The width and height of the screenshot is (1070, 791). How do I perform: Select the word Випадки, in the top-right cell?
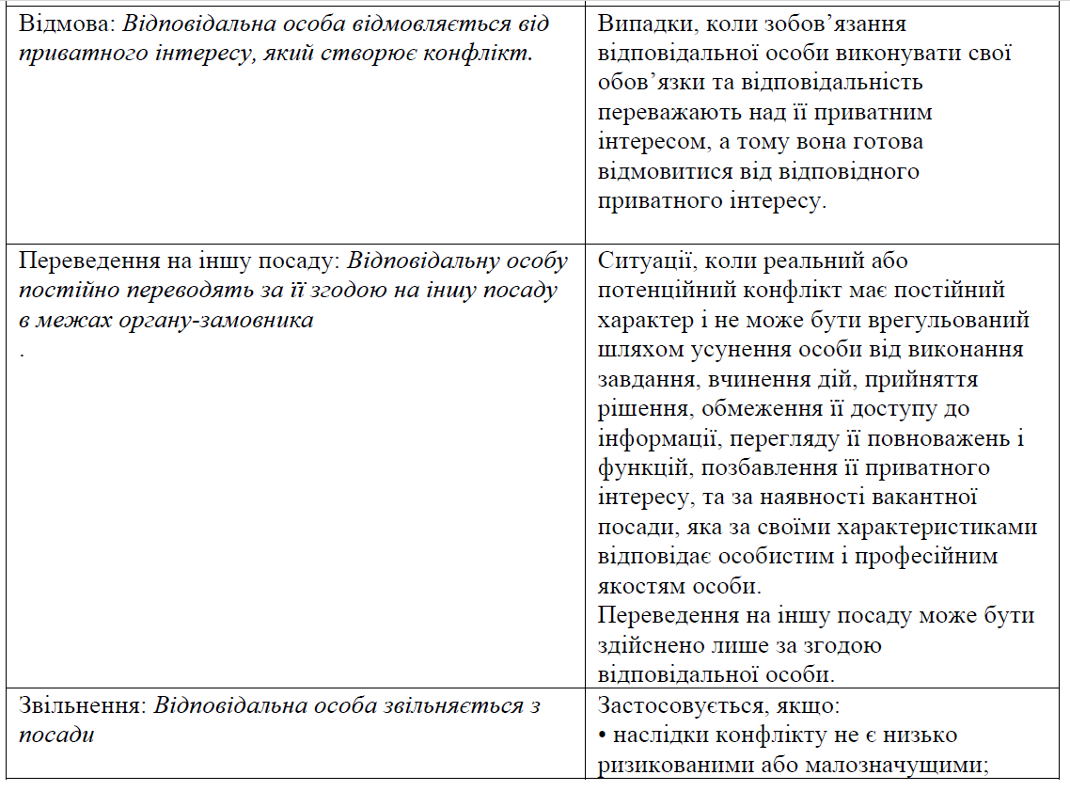pyautogui.click(x=646, y=23)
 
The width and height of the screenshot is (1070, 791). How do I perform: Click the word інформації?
pyautogui.click(x=656, y=438)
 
